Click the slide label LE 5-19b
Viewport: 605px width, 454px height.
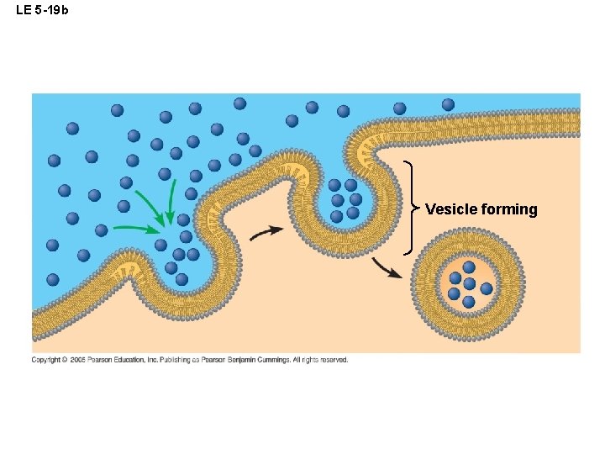coord(41,9)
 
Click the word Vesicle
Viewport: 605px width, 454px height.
coord(451,209)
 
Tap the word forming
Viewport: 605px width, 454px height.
coord(509,209)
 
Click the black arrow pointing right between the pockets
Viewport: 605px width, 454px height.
coord(267,232)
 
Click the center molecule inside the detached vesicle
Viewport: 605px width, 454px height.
coord(469,284)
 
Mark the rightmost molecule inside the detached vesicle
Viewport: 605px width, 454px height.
coord(487,288)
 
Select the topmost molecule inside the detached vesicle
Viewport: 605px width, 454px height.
coord(469,267)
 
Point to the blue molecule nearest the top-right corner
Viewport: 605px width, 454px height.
coord(448,105)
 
